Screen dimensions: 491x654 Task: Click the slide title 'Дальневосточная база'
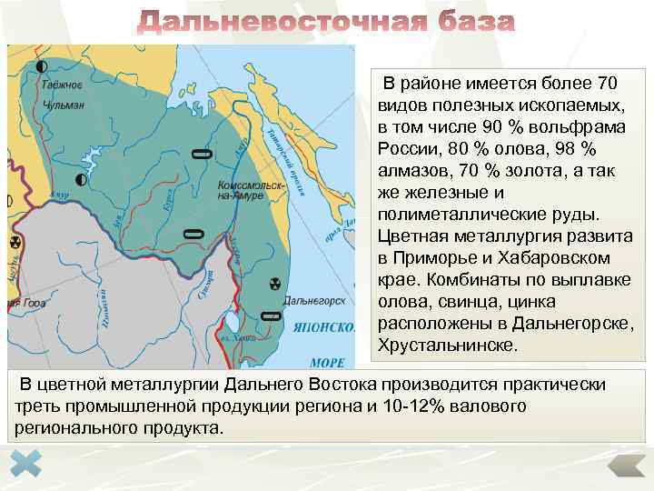(326, 23)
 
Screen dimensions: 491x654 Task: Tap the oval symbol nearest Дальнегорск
(270, 316)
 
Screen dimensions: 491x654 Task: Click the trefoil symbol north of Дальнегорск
(275, 285)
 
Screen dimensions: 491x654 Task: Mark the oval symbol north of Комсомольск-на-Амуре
(202, 154)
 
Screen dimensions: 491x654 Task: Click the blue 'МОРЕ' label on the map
(328, 361)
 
